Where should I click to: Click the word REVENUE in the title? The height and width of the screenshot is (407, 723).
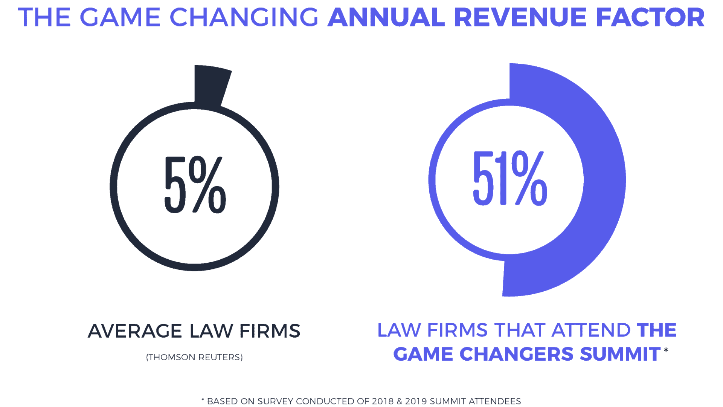point(520,17)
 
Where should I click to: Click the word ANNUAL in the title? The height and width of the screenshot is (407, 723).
point(386,17)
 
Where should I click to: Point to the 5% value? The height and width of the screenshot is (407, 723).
point(195,185)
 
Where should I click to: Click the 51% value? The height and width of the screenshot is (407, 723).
point(509,178)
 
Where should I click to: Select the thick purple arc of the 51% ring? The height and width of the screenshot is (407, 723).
point(602,181)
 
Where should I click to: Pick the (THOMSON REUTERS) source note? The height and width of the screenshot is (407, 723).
point(194,357)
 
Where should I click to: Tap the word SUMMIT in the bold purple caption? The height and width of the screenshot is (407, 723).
point(620,354)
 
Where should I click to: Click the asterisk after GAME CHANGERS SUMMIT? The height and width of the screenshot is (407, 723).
point(666,350)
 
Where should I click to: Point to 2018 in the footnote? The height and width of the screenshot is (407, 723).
point(383,401)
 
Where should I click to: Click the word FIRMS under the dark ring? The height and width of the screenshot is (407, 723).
point(270,331)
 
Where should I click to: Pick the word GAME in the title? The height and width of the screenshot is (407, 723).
point(120,17)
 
